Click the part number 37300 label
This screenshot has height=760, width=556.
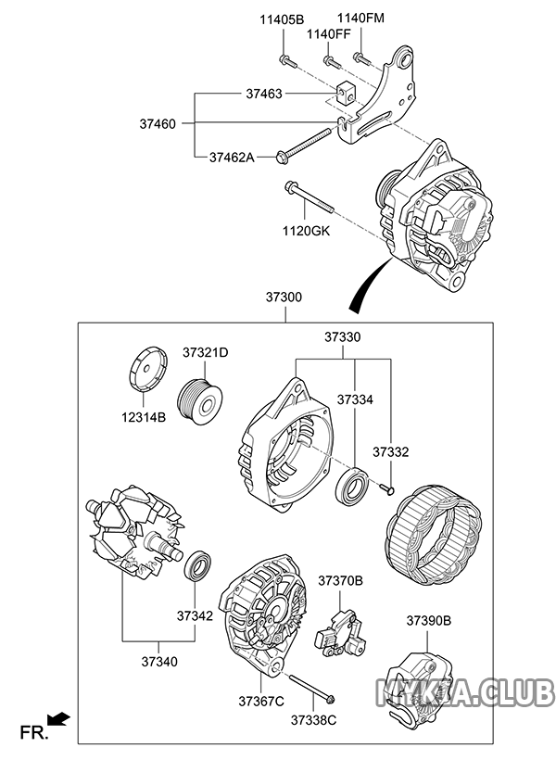[x=284, y=298]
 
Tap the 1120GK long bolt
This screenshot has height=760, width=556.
[x=310, y=196]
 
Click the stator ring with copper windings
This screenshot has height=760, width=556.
[x=434, y=535]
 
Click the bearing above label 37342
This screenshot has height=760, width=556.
[x=197, y=566]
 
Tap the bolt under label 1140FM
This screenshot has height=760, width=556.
[x=362, y=59]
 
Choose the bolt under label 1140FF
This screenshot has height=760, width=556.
[x=332, y=62]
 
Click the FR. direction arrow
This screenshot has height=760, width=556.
[x=58, y=719]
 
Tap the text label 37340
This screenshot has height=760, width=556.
[x=159, y=661]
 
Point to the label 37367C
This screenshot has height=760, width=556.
[x=261, y=701]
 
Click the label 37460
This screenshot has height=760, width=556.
[x=158, y=124]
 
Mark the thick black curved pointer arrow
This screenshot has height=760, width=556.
[x=369, y=284]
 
